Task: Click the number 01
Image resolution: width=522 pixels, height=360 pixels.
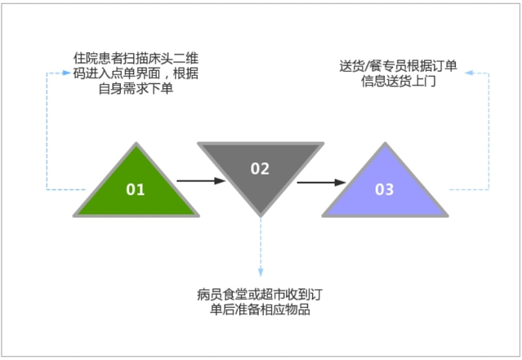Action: coord(136,189)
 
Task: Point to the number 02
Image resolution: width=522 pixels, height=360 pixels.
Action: coord(260,169)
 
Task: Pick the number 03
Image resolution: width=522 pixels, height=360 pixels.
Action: coord(384,189)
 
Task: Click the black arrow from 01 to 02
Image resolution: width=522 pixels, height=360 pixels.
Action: coord(201,181)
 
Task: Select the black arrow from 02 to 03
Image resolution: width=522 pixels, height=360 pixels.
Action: coord(320,181)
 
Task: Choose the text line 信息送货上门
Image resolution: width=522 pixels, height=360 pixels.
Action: coord(399,81)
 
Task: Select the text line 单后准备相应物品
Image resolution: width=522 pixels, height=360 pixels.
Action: coord(259,309)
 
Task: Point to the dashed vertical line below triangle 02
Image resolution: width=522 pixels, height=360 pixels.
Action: coord(261,241)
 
